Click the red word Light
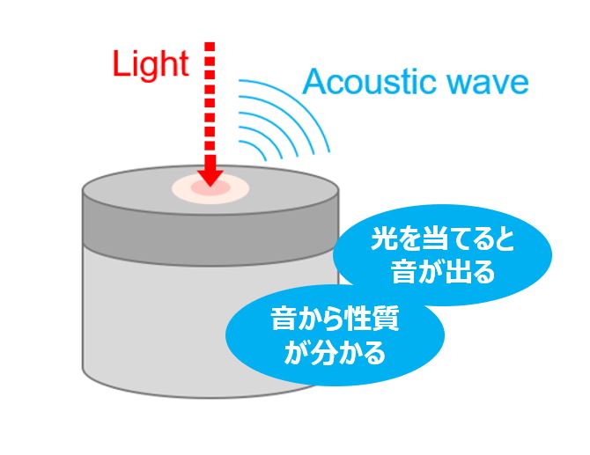coord(151,64)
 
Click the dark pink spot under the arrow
coord(210,187)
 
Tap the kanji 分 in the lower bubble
coord(321,352)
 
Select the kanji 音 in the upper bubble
coord(403,271)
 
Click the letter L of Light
coord(122,64)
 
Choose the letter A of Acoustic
coord(314,82)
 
